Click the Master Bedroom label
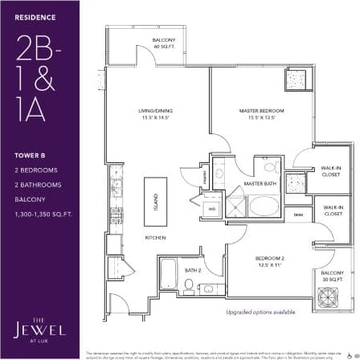pyautogui.click(x=257, y=113)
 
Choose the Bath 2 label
pyautogui.click(x=193, y=269)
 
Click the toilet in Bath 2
pyautogui.click(x=189, y=285)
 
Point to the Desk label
pyautogui.click(x=298, y=215)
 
